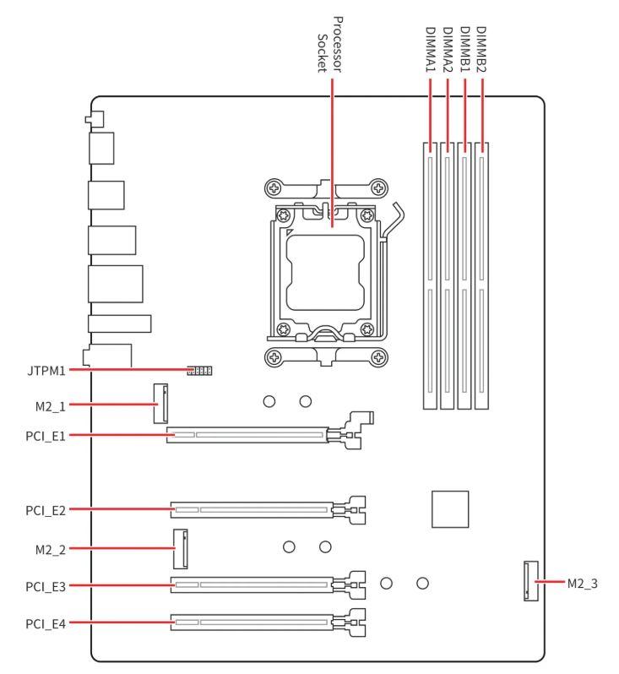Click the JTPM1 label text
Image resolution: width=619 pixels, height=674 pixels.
(46, 371)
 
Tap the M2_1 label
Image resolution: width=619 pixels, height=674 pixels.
(51, 406)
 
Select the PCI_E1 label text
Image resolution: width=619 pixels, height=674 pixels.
(46, 437)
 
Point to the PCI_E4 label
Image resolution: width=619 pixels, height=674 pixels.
(46, 623)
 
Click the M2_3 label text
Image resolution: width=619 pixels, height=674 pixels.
(583, 584)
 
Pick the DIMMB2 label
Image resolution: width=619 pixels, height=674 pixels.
(481, 50)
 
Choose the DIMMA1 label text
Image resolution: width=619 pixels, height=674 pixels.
(431, 50)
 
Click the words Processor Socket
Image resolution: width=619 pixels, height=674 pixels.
(329, 45)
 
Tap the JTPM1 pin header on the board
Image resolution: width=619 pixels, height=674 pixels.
(199, 370)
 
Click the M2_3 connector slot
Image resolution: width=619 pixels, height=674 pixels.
(531, 581)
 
